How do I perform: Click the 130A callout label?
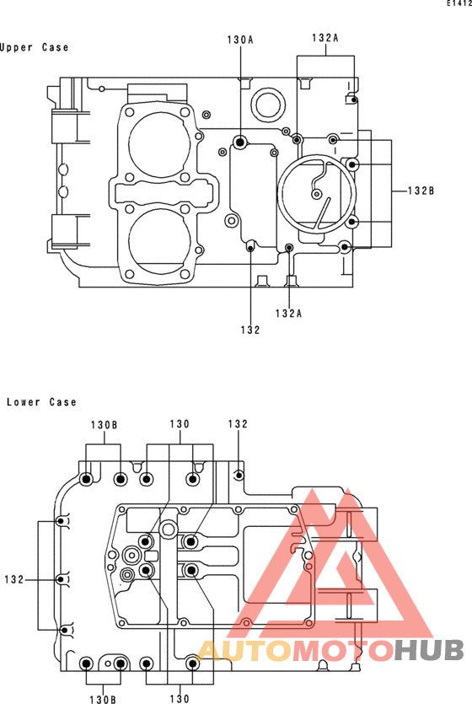[x=240, y=40]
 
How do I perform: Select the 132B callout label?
[x=421, y=191]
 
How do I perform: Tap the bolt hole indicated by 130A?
[x=240, y=142]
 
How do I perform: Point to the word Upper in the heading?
[x=16, y=47]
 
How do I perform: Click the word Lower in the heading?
[x=23, y=402]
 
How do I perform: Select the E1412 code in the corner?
[x=459, y=3]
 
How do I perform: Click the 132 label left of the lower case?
[x=14, y=579]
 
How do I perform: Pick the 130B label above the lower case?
[x=104, y=425]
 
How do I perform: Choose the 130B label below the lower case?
[x=103, y=699]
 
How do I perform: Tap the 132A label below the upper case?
[x=288, y=314]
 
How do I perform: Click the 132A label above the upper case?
[x=325, y=38]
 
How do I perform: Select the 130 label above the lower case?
[x=180, y=424]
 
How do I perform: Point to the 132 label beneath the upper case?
[x=250, y=330]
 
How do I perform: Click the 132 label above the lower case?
[x=238, y=424]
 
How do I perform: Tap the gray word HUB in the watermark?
[x=429, y=650]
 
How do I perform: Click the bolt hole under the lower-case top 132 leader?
[x=239, y=475]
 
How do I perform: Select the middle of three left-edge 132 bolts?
[x=62, y=579]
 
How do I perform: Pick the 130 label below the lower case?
[x=180, y=699]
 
